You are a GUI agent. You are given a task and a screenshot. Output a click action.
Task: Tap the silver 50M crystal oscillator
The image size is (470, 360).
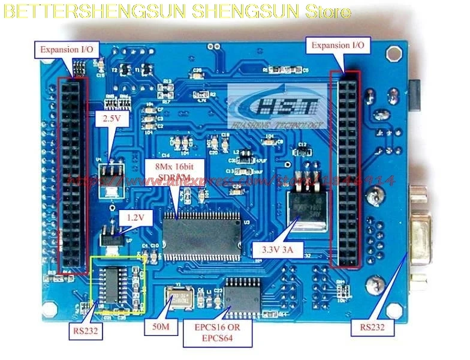[x=180, y=298]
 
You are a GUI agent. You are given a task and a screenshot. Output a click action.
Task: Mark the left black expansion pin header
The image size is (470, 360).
[x=71, y=174]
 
